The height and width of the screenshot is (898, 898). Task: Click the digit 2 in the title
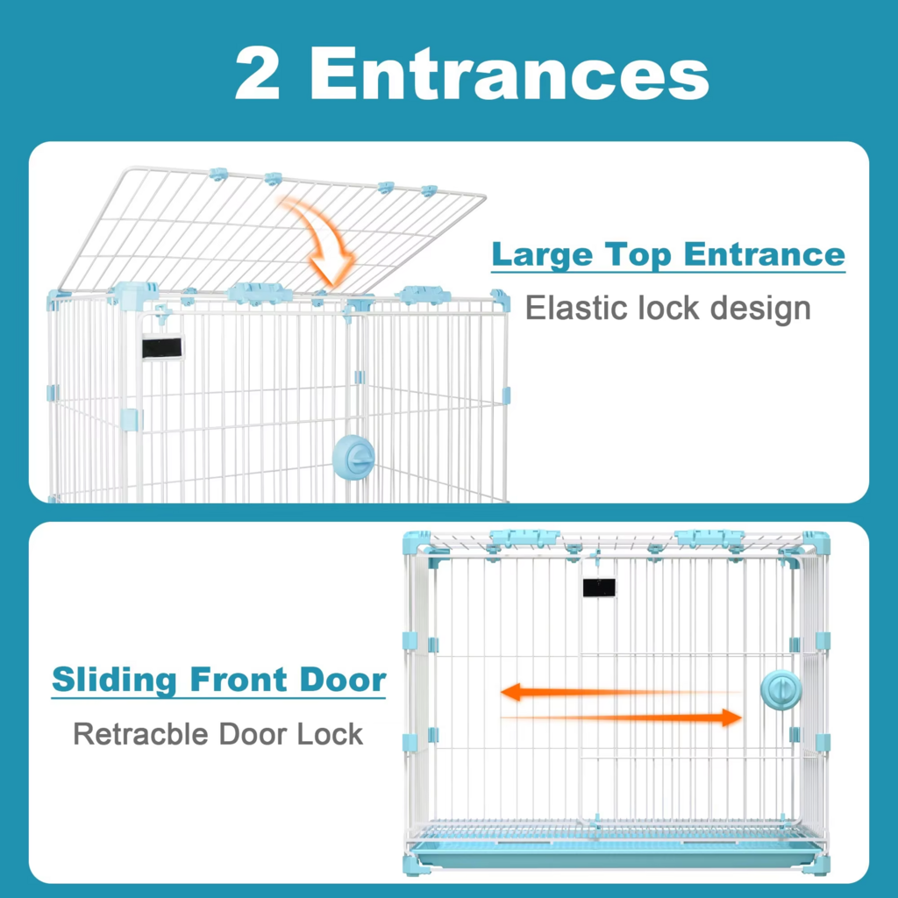257,73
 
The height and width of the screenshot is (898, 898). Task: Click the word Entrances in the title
510,73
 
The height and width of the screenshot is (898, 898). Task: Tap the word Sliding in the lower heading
114,680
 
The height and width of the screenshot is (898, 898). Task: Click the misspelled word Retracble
140,734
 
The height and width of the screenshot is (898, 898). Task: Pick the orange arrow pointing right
622,717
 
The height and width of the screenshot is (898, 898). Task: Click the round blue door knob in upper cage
354,457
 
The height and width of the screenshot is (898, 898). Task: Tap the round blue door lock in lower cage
781,689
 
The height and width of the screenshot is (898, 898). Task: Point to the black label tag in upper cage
162,347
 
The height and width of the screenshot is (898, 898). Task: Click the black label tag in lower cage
599,588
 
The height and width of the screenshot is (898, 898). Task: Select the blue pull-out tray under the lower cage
615,853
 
